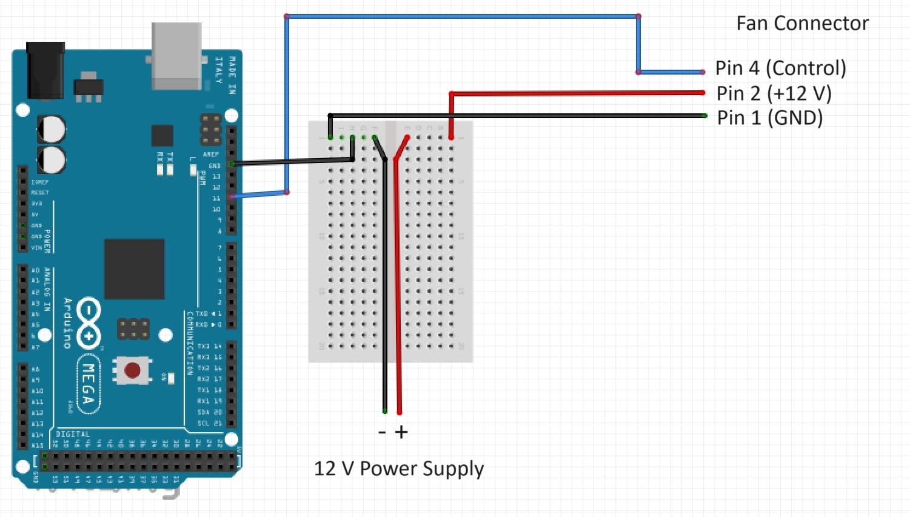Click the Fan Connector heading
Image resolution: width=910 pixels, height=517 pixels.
point(801,23)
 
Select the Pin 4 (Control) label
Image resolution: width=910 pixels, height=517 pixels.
point(780,68)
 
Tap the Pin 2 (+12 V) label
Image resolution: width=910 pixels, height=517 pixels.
point(774,93)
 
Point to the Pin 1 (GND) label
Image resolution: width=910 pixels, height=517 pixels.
point(769,118)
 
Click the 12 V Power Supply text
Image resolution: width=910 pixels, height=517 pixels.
point(398,469)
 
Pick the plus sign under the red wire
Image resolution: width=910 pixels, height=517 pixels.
point(401,432)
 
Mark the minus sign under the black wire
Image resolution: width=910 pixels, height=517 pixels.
point(382,432)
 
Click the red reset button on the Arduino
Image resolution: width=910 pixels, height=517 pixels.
point(132,370)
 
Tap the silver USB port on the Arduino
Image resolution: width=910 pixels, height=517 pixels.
point(176,56)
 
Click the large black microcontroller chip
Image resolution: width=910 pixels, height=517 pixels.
point(134,269)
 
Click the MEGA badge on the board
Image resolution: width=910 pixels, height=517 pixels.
point(89,384)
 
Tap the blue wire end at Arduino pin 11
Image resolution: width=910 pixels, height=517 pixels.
point(232,197)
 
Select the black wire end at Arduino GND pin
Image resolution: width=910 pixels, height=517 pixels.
point(232,164)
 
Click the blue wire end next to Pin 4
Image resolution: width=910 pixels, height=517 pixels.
point(702,72)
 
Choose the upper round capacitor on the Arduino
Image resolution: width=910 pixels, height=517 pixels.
point(52,128)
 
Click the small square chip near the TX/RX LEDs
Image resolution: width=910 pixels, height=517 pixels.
point(162,135)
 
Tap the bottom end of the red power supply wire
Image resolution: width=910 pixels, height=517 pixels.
point(399,413)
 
